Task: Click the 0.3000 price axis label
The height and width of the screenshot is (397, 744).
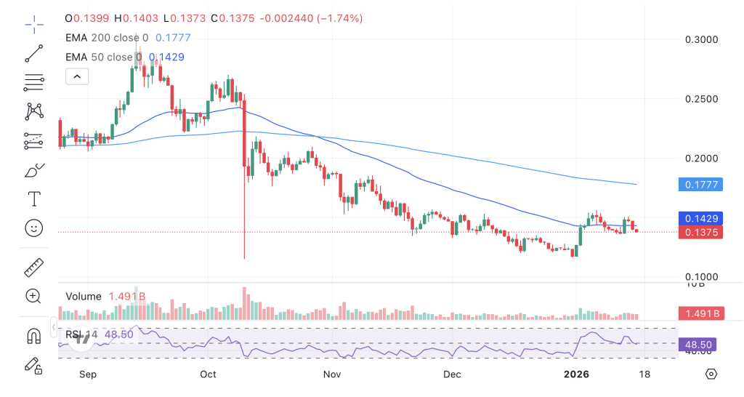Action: coord(701,39)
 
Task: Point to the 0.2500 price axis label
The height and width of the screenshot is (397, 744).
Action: coord(701,99)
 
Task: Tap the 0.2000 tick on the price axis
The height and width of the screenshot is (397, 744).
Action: coord(701,159)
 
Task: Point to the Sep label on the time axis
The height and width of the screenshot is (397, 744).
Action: coord(87,374)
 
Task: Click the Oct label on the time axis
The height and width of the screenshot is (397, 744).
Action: coord(209,374)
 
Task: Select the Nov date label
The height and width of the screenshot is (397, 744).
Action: coord(331,374)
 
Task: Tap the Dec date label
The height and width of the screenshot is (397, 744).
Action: coord(453,374)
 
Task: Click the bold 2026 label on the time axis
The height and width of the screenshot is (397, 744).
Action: coord(577,374)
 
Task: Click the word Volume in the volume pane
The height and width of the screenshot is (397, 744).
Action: coord(83,297)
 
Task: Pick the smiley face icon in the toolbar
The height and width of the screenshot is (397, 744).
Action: coord(33,228)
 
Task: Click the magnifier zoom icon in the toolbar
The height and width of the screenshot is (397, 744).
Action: coord(33,295)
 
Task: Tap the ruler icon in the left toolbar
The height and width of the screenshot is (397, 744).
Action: coord(33,268)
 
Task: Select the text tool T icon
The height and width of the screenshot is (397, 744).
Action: coord(33,198)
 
